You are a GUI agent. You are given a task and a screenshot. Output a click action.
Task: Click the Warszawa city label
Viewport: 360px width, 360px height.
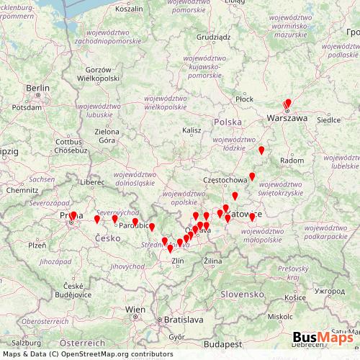(287, 117)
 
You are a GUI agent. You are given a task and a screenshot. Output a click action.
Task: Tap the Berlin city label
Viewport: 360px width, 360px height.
(37, 89)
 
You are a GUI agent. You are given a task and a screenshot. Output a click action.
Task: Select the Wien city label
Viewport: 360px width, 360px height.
(135, 309)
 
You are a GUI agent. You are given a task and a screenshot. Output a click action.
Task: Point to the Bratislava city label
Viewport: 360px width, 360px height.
(184, 318)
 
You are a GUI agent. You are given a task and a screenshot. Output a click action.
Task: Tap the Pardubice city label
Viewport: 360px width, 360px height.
(135, 225)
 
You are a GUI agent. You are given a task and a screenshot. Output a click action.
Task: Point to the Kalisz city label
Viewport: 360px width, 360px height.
(192, 130)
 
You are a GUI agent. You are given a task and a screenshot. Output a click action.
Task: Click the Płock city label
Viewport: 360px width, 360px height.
(244, 99)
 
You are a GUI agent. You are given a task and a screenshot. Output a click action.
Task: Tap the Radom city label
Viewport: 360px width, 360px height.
(292, 160)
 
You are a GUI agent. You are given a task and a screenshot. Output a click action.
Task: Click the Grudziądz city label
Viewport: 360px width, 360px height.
(213, 36)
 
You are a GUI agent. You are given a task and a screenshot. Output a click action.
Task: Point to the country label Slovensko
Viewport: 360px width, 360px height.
(243, 294)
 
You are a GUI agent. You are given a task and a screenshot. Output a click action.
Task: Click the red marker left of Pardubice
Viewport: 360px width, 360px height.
(114, 219)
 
